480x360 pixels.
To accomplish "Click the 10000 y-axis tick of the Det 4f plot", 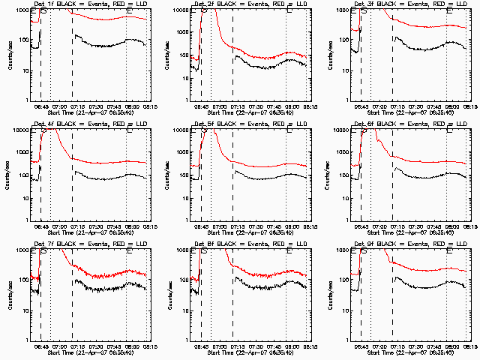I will click(21, 130).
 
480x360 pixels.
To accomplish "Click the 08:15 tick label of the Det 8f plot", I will click(307, 346).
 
